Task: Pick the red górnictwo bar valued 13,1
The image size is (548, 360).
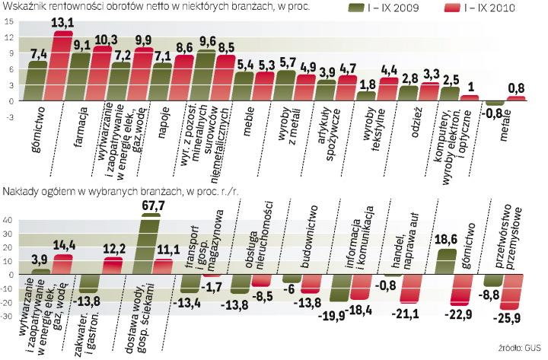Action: [x=62, y=66]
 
